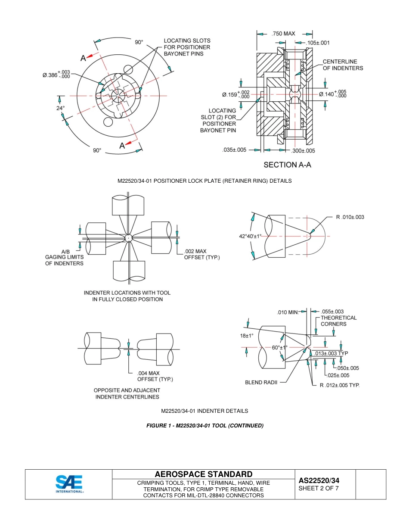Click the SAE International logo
(x=69, y=484)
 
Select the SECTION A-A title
(x=287, y=165)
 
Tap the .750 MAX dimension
(x=283, y=34)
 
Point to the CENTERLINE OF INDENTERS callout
(x=343, y=65)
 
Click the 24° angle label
(x=60, y=108)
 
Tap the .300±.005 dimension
(x=303, y=150)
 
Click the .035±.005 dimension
(x=234, y=150)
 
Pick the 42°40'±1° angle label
(x=250, y=236)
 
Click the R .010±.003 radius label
(x=350, y=217)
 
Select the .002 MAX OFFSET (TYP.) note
(x=201, y=254)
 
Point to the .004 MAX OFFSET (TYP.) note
(x=155, y=376)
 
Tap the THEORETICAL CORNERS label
(x=338, y=321)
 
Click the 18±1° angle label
(x=247, y=336)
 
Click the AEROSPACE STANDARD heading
(x=203, y=474)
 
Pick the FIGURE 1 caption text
(x=204, y=426)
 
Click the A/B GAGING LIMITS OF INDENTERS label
(x=65, y=257)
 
